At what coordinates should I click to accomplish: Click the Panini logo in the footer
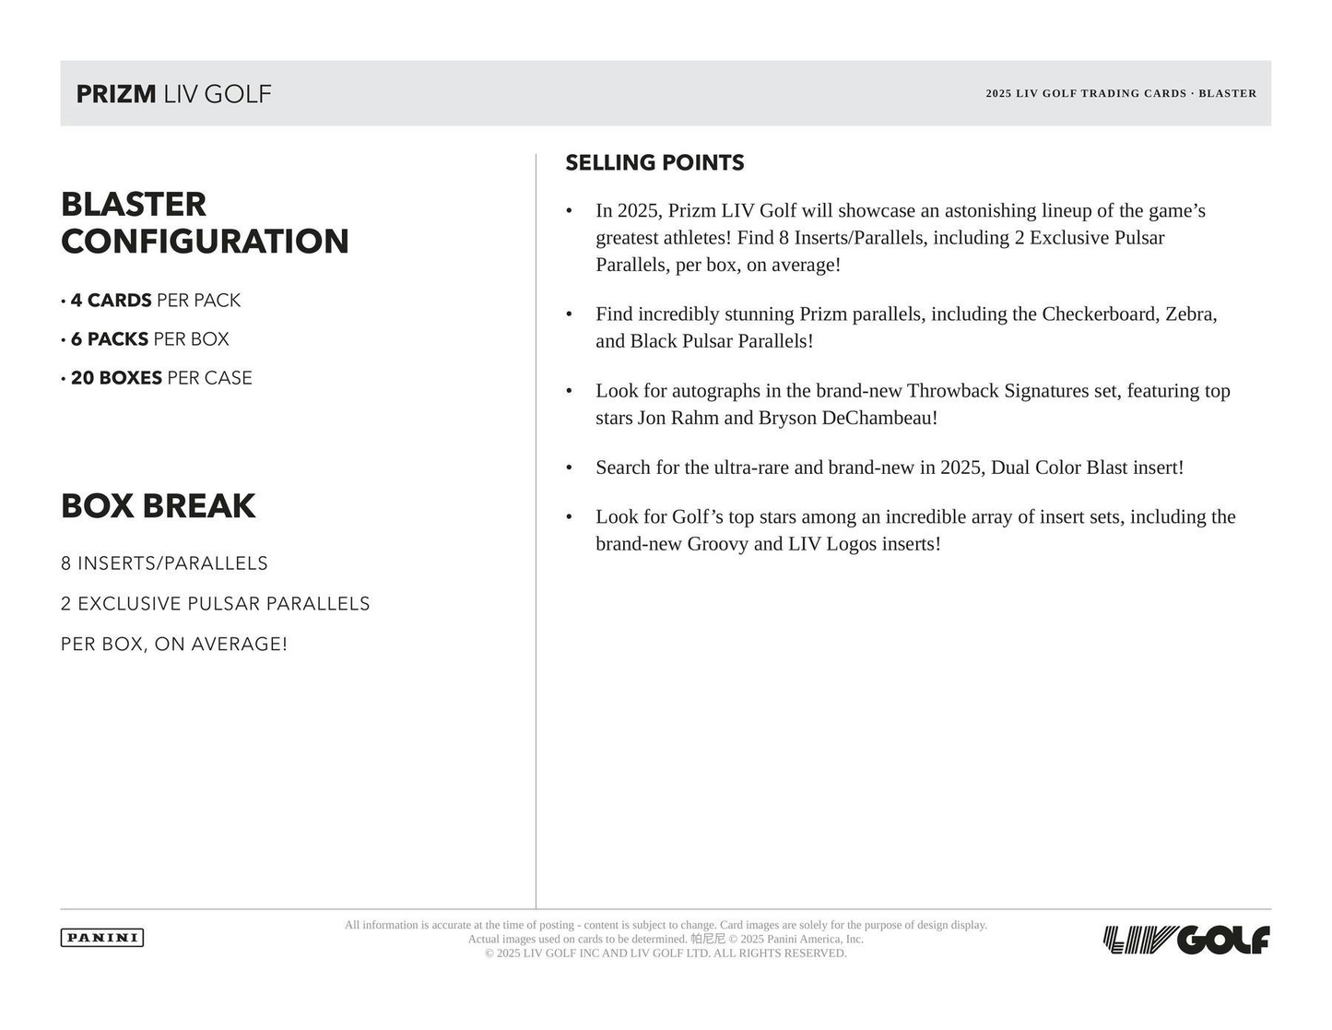[102, 938]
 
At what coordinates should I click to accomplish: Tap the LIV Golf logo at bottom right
[1186, 941]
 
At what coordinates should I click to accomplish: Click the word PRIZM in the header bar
[116, 94]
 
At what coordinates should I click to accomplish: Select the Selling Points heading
[654, 163]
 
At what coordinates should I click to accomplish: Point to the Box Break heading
[159, 506]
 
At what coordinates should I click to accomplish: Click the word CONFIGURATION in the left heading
[205, 242]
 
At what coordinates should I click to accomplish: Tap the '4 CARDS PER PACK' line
[155, 301]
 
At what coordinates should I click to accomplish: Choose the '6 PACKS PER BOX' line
[149, 339]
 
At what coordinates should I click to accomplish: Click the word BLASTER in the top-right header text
[1227, 93]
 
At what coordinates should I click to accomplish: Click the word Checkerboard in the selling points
[1098, 314]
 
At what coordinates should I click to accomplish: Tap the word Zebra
[1190, 314]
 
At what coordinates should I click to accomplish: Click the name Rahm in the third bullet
[694, 418]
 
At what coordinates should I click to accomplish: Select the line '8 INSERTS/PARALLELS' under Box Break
[164, 563]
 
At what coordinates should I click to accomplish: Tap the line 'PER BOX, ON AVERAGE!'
[174, 645]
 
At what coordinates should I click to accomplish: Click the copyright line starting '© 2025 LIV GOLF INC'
[666, 953]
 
